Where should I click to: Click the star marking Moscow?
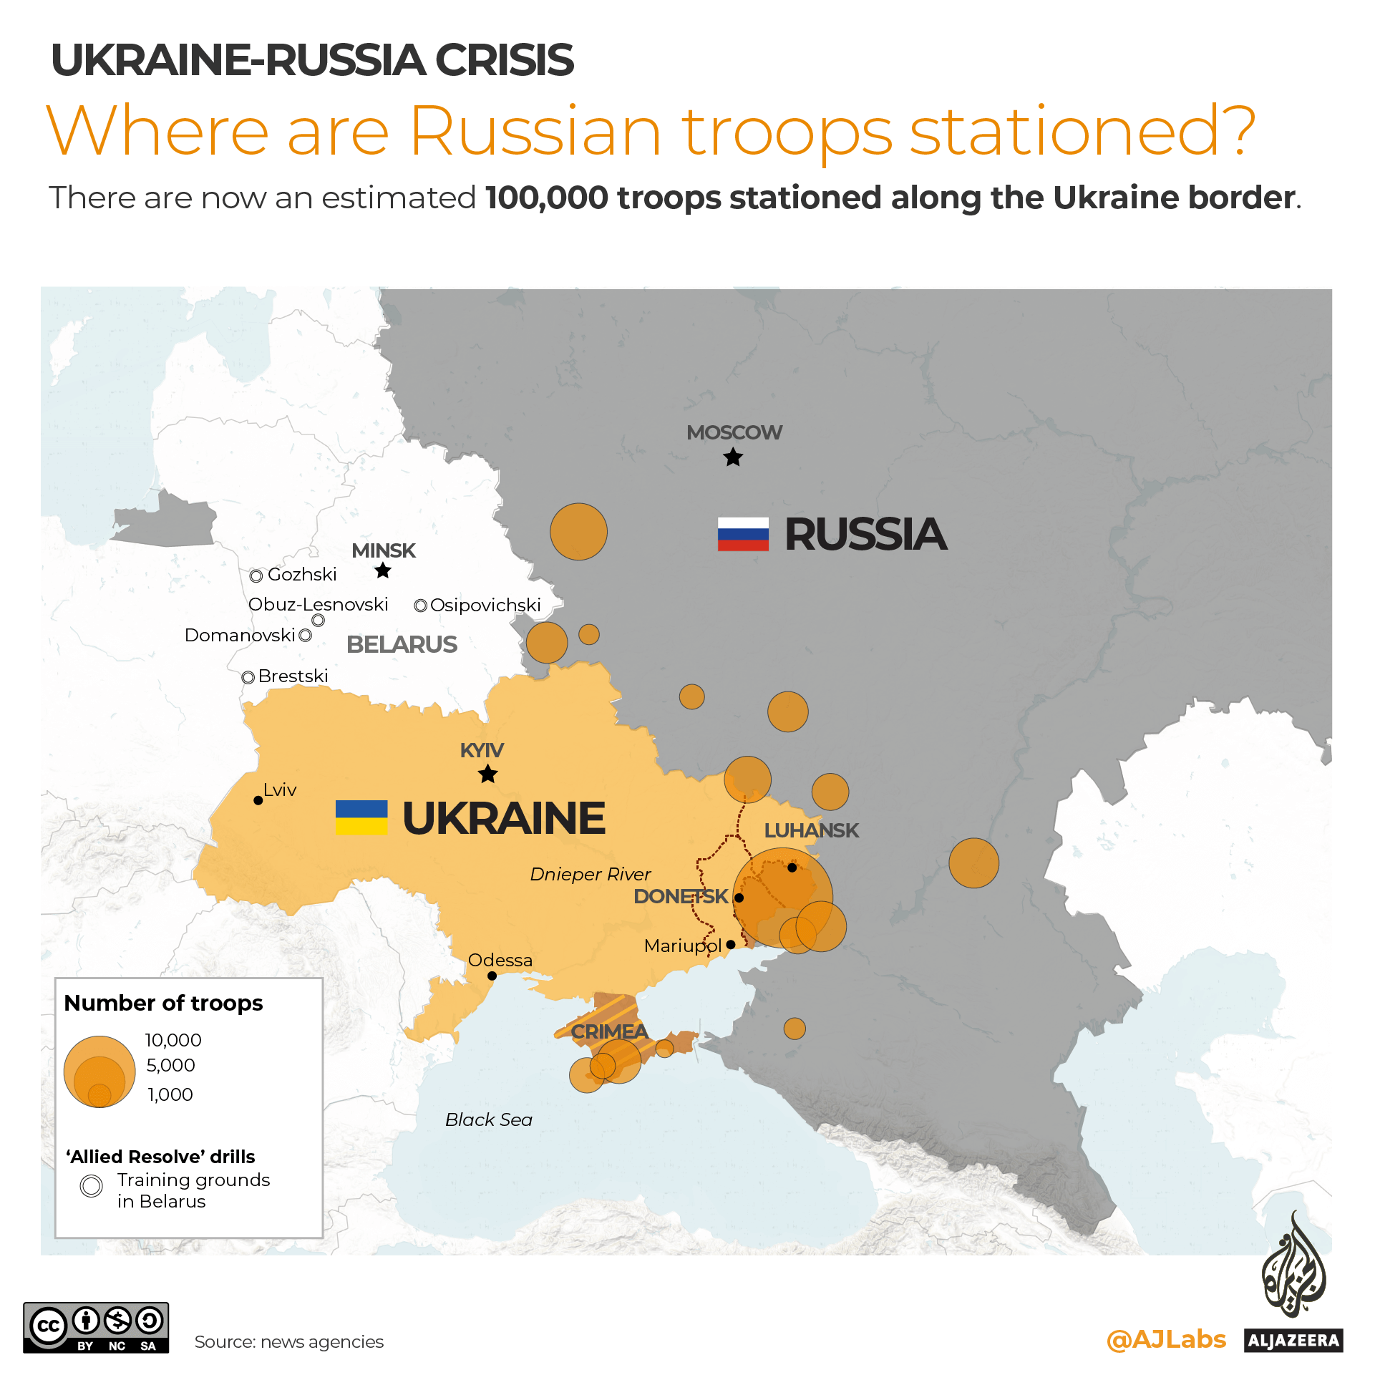coord(733,457)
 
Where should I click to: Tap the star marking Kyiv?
coord(488,774)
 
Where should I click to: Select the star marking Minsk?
coord(383,570)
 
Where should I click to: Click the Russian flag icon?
coord(743,534)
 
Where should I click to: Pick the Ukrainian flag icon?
coord(361,817)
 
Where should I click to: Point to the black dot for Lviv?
coord(258,800)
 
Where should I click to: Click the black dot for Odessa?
coord(492,976)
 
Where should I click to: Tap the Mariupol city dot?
coord(731,945)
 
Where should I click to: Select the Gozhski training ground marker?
coord(256,575)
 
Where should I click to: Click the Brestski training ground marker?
coord(248,677)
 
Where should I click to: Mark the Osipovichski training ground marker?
coord(421,606)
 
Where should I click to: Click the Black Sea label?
coord(489,1119)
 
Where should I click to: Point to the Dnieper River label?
coord(591,874)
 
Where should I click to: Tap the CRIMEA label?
coord(609,1031)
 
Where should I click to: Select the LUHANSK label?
coord(811,830)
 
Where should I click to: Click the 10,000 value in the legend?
coord(173,1040)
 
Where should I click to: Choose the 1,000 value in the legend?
coord(170,1094)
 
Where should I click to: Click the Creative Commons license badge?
coord(96,1328)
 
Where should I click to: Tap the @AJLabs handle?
coord(1166,1339)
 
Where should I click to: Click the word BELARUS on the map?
coord(402,644)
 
